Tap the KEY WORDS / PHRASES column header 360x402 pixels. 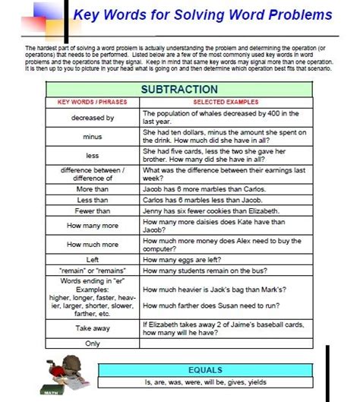click(93, 102)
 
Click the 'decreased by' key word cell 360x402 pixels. click(93, 119)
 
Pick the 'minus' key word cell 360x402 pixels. click(93, 137)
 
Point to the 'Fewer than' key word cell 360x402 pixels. click(93, 211)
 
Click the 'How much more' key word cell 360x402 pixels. click(93, 245)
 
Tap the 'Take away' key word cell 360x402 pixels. click(93, 328)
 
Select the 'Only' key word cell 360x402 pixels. click(93, 343)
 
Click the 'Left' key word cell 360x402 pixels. click(93, 259)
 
